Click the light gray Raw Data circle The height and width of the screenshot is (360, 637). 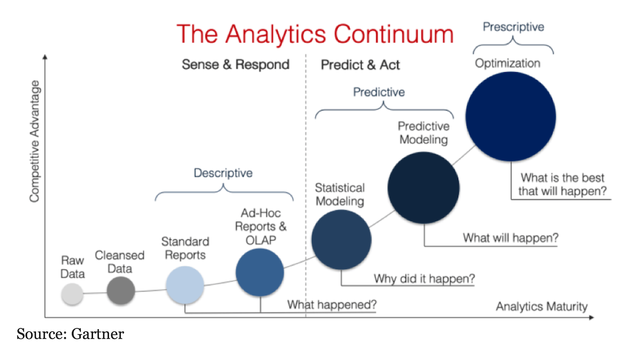(x=72, y=294)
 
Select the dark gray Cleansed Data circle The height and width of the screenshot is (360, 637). (x=121, y=290)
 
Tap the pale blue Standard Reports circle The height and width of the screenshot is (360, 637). (x=185, y=285)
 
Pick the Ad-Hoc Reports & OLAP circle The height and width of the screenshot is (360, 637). (x=260, y=272)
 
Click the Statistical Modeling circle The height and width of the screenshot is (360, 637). (x=341, y=239)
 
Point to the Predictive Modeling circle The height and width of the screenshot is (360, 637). (x=424, y=187)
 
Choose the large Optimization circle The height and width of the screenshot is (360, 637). (x=511, y=117)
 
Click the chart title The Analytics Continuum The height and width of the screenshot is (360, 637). (x=315, y=34)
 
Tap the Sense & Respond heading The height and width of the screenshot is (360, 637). (x=236, y=64)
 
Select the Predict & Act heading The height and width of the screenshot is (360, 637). (x=360, y=65)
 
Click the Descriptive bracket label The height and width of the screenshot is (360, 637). (x=223, y=173)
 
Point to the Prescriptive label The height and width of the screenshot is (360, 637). (x=514, y=27)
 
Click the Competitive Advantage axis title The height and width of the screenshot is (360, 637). (x=35, y=141)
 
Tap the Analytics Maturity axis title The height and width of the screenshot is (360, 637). (x=542, y=306)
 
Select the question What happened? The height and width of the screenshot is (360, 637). (x=332, y=305)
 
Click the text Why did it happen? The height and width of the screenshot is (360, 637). (x=424, y=279)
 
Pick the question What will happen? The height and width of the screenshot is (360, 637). (x=511, y=238)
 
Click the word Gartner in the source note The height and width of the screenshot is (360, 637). (x=98, y=334)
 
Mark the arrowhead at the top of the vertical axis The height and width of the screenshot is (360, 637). (x=45, y=57)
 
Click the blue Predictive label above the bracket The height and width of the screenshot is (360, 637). (x=379, y=92)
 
